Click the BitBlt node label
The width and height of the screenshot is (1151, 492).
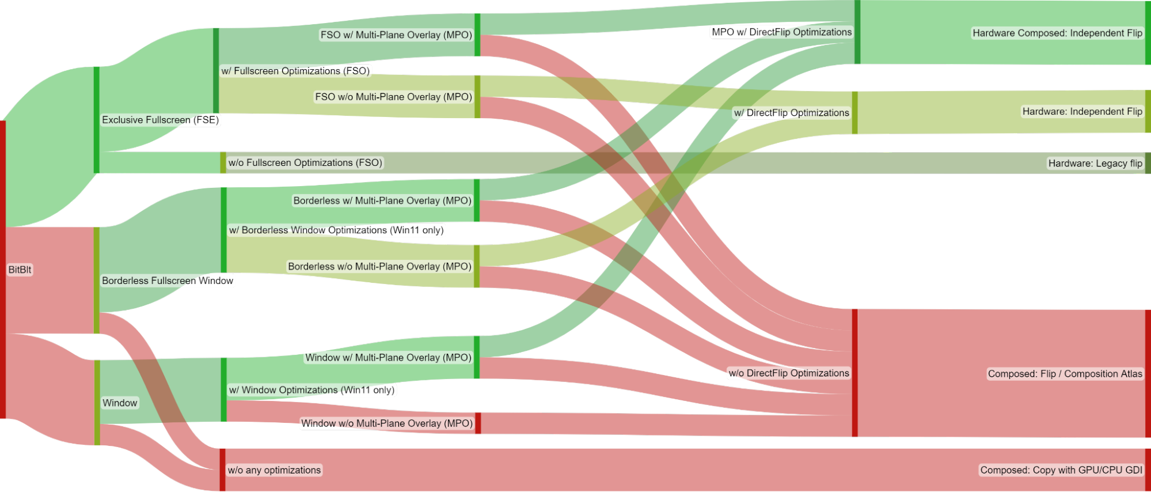pyautogui.click(x=20, y=270)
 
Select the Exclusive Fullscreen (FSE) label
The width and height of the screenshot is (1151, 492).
pyautogui.click(x=160, y=120)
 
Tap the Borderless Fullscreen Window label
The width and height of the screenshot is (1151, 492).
pyautogui.click(x=168, y=281)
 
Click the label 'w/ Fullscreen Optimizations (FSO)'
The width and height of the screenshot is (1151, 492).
pyautogui.click(x=295, y=71)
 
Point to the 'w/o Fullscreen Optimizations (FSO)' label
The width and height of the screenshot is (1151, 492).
pyautogui.click(x=305, y=162)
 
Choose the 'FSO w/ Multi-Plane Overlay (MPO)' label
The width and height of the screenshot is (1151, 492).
pyautogui.click(x=396, y=35)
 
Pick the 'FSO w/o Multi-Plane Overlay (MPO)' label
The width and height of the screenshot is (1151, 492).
pyautogui.click(x=393, y=97)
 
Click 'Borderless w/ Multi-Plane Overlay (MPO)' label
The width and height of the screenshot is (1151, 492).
pyautogui.click(x=382, y=200)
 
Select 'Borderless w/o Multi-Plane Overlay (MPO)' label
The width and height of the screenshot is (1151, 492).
pyautogui.click(x=379, y=266)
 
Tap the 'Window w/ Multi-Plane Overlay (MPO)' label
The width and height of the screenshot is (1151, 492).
pyautogui.click(x=388, y=357)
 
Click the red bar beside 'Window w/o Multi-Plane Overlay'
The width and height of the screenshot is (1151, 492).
pyautogui.click(x=478, y=423)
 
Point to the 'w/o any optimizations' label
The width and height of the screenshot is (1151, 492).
pyautogui.click(x=274, y=470)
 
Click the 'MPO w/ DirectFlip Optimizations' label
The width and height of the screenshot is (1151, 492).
pyautogui.click(x=781, y=32)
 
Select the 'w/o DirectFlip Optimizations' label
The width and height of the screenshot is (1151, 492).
pyautogui.click(x=789, y=373)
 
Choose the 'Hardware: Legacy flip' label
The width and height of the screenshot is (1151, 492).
pyautogui.click(x=1095, y=163)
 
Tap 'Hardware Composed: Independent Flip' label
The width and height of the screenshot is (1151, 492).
pyautogui.click(x=1057, y=33)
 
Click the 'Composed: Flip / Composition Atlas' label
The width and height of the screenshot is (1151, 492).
pyautogui.click(x=1065, y=373)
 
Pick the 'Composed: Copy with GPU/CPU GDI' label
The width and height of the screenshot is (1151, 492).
pyautogui.click(x=1061, y=470)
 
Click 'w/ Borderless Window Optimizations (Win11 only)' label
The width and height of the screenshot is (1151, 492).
pyautogui.click(x=336, y=230)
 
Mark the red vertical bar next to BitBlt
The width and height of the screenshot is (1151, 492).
pyautogui.click(x=3, y=269)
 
